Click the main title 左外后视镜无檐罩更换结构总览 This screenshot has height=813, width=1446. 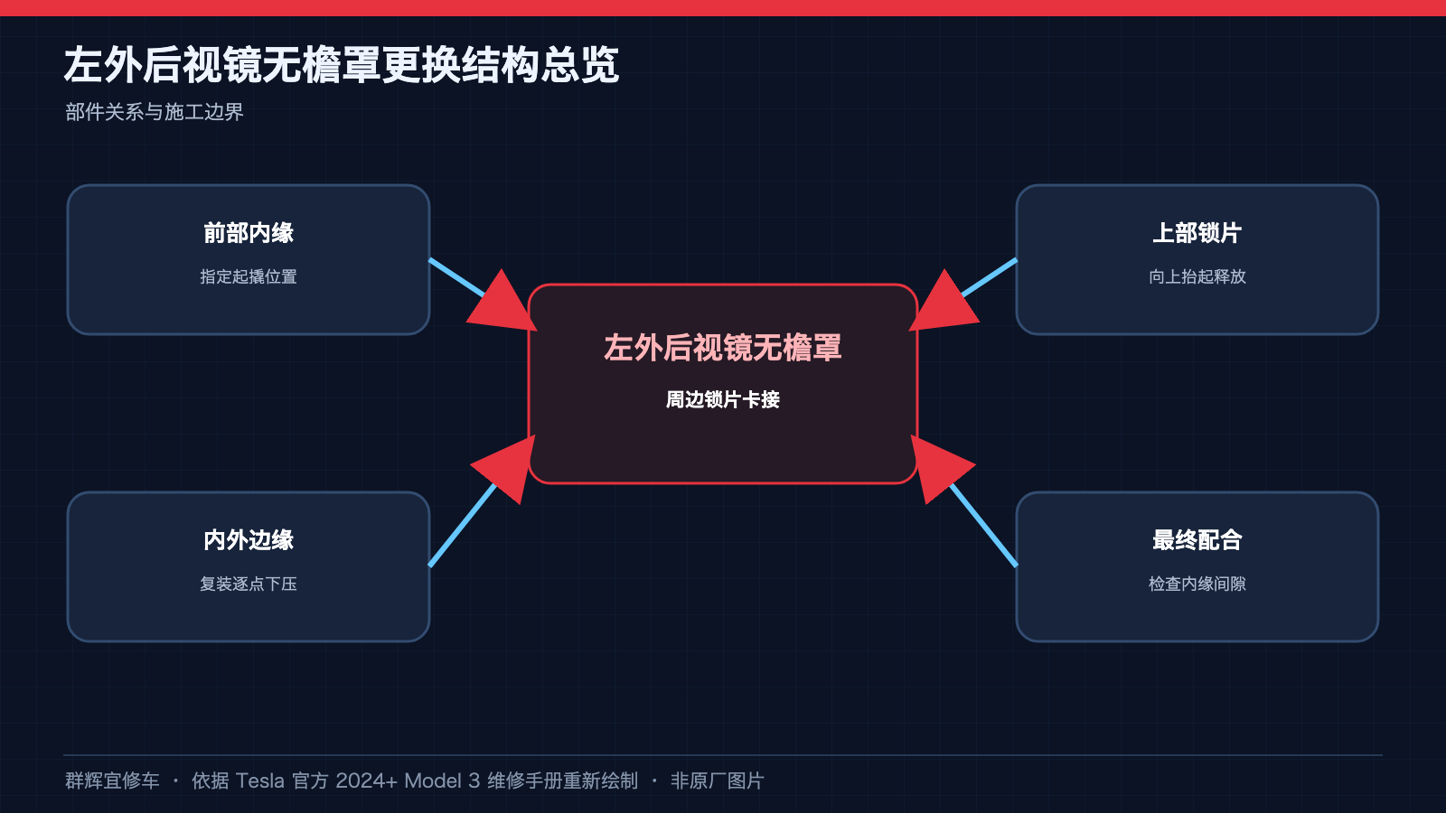(x=342, y=64)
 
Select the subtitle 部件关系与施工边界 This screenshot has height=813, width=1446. (x=155, y=112)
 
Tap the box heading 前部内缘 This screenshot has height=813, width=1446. (x=249, y=233)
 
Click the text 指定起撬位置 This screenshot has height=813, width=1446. (x=249, y=276)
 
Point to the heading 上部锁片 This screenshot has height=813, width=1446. (x=1197, y=233)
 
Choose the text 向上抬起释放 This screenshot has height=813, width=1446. (x=1197, y=276)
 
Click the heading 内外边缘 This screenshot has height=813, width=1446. (x=249, y=540)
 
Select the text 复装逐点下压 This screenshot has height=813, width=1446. (x=249, y=584)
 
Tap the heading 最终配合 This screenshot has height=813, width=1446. (x=1197, y=540)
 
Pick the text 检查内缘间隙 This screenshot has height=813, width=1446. (x=1197, y=584)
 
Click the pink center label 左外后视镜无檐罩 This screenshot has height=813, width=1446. (x=723, y=348)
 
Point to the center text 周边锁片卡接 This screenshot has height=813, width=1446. (x=723, y=400)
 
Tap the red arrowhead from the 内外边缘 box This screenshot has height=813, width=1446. (x=507, y=466)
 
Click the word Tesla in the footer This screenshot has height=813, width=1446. (x=259, y=780)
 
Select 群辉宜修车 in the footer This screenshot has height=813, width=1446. (x=112, y=780)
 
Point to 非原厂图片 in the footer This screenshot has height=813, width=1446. (x=718, y=780)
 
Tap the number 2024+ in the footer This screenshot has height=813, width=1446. (x=367, y=780)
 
